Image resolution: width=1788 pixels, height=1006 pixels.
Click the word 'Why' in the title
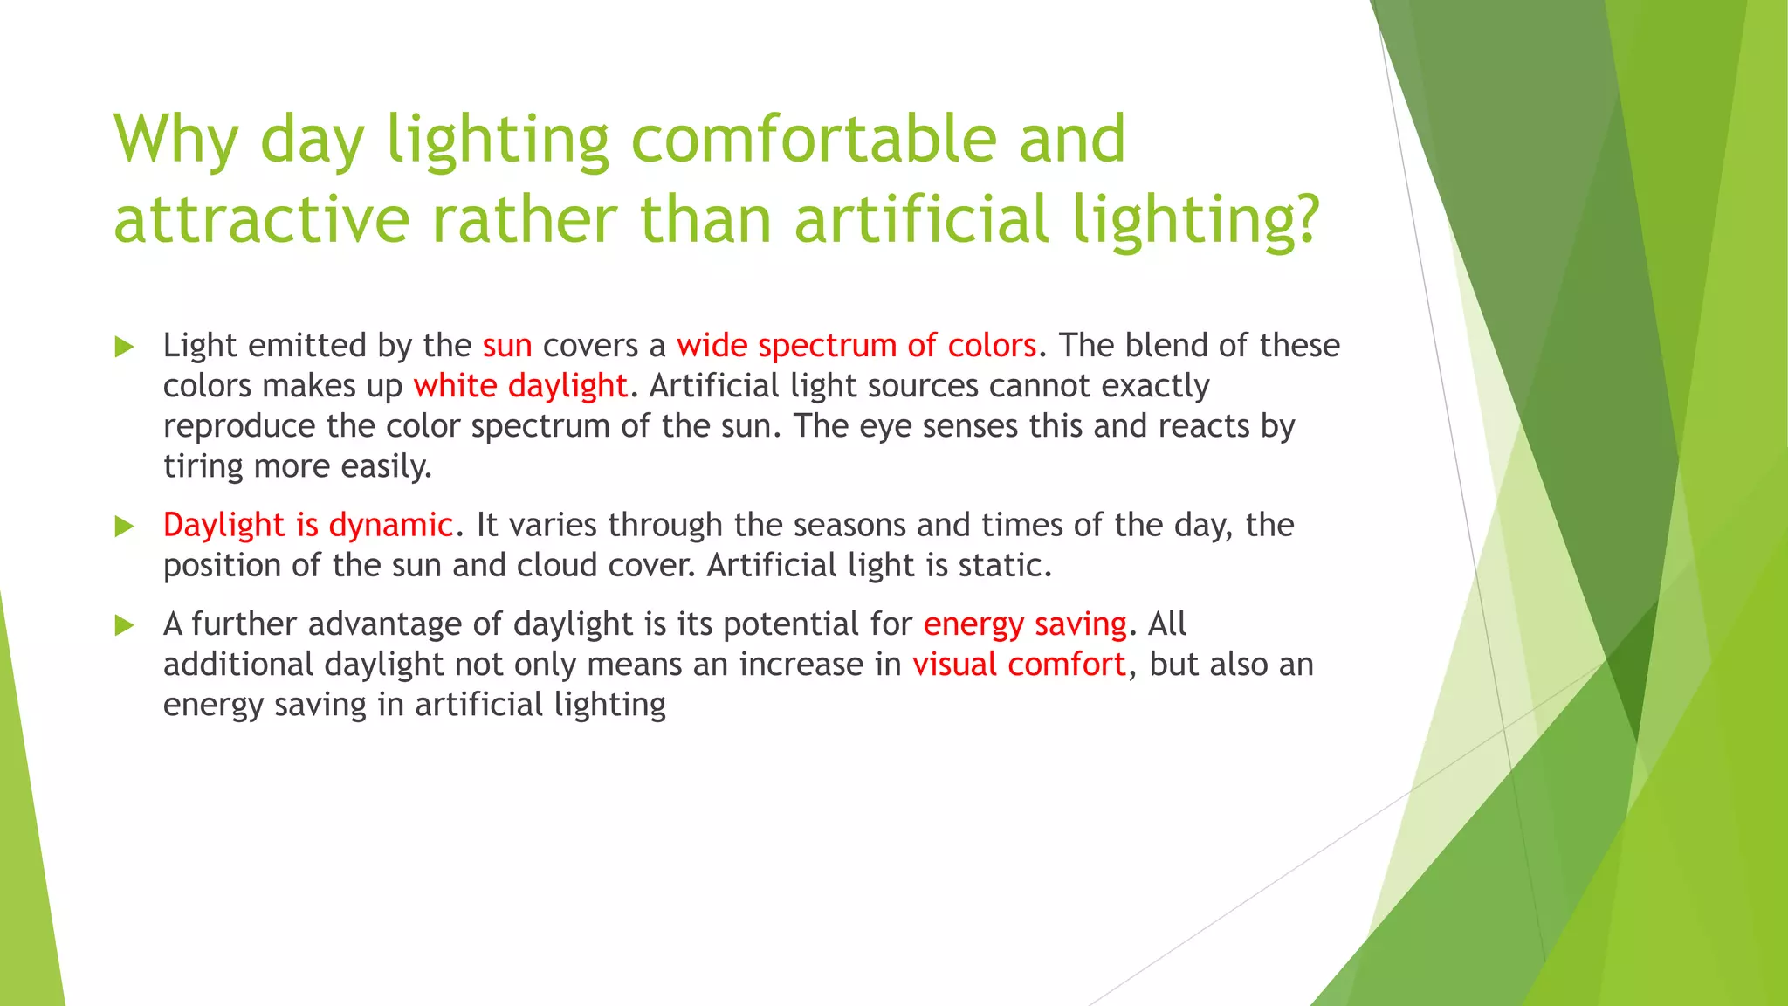pos(175,140)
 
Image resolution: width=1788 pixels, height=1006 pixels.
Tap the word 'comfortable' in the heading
pos(813,140)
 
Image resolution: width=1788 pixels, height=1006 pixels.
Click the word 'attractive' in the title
pos(261,220)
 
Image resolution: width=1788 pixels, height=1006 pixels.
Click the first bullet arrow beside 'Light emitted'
pos(124,348)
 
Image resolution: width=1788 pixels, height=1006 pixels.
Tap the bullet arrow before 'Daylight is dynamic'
pos(124,527)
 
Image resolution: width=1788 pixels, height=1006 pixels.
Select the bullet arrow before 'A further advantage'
pos(124,625)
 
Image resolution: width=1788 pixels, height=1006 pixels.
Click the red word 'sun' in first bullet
pos(507,346)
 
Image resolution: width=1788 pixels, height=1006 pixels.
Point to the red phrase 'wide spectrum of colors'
pos(856,346)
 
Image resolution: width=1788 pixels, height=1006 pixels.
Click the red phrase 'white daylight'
pos(520,386)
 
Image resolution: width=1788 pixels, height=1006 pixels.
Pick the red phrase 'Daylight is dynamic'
pos(308,525)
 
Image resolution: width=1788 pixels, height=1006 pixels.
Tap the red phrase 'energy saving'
pos(1025,624)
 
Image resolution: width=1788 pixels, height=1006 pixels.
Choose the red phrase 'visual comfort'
pos(1019,665)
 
